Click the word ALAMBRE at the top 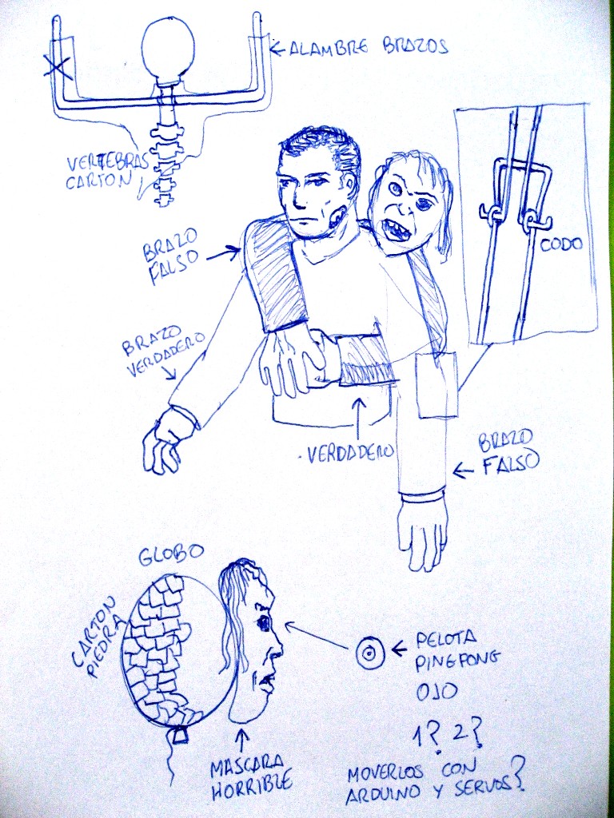[x=328, y=49]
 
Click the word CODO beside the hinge [x=560, y=244]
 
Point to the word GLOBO [x=171, y=556]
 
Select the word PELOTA [x=446, y=640]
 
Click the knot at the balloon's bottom [x=180, y=734]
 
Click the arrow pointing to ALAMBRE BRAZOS [x=277, y=50]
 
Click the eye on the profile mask [x=262, y=622]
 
